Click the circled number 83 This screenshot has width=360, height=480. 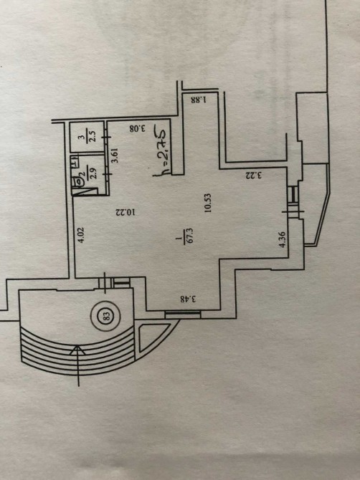coord(106,316)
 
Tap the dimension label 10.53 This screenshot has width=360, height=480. coord(209,203)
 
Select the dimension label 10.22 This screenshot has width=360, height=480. coord(125,212)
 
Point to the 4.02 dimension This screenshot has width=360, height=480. coord(81,235)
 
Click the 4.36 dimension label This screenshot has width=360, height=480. coord(282,239)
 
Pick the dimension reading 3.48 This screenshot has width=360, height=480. coord(188,299)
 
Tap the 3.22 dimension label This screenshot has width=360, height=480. coord(254,176)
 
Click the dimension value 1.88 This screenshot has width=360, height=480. coord(199,100)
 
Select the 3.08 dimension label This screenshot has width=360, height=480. coord(137,128)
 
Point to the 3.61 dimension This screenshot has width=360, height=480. coord(115,155)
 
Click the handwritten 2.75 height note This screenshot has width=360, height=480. coord(161,150)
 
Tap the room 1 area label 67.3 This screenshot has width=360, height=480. coord(184,236)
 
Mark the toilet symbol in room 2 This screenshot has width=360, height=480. coord(78,181)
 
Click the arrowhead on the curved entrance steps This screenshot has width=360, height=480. coord(78,350)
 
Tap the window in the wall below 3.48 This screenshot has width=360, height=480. coord(183,315)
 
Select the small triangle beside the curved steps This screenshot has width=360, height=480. coord(152,337)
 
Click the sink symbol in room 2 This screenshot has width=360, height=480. coord(75,162)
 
